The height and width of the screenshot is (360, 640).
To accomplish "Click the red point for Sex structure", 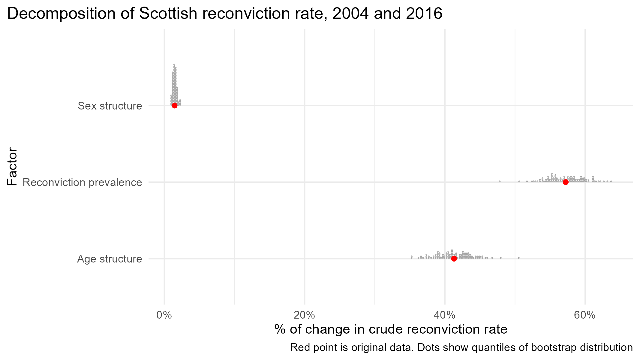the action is click(175, 105).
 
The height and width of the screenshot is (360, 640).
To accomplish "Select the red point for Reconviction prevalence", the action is click(566, 182).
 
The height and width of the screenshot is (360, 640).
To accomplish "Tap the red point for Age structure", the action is click(454, 259).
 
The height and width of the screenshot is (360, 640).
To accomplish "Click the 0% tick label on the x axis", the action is click(164, 315).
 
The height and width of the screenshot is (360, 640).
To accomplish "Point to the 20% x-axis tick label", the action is click(305, 315).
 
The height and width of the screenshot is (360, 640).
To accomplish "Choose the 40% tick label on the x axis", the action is click(445, 315).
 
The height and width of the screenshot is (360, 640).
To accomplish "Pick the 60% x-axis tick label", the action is click(585, 315).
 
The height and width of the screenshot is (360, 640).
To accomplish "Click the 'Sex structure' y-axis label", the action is click(110, 106).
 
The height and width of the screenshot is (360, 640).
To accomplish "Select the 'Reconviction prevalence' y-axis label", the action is click(82, 182).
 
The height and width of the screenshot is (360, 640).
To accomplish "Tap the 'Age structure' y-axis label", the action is click(110, 259).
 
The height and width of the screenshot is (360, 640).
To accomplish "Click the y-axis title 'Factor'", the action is click(12, 166).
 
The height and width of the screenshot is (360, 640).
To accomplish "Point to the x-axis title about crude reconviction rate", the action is click(391, 329).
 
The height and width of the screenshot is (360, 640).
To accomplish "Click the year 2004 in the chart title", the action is click(351, 14).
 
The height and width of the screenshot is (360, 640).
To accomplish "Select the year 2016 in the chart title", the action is click(424, 14).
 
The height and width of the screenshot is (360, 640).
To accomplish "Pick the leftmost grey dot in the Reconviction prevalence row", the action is click(500, 181).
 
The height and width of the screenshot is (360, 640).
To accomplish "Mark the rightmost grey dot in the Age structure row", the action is click(519, 258).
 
